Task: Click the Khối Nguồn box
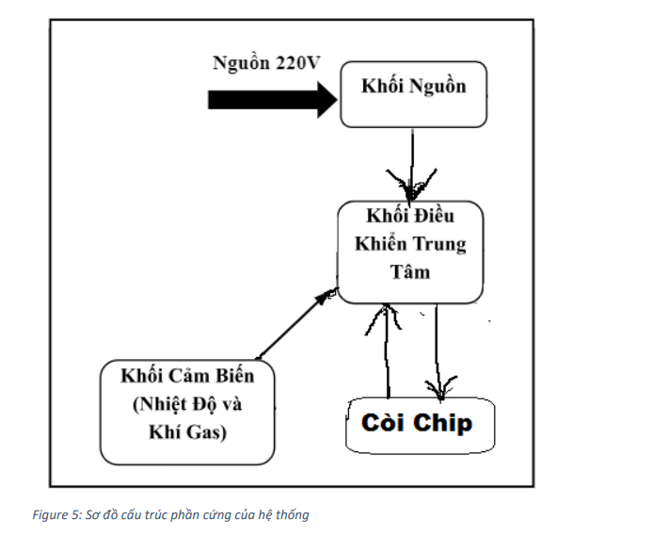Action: tap(414, 94)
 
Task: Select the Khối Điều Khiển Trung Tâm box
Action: tap(411, 252)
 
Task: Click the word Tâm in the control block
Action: tap(410, 273)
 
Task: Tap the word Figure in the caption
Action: tap(49, 514)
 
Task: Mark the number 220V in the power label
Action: tap(297, 64)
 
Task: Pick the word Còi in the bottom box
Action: tap(383, 422)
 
